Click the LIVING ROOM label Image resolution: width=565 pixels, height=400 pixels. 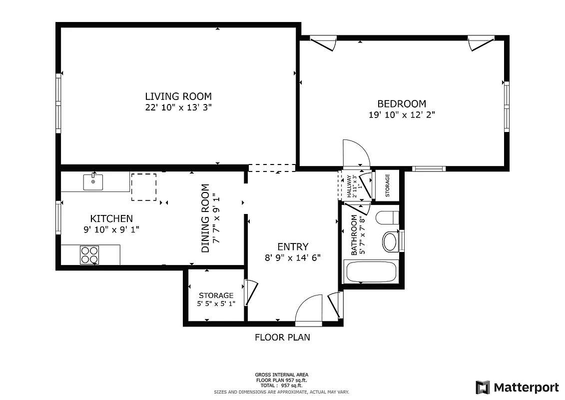tap(178, 96)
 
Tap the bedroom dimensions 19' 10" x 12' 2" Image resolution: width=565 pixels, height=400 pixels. tap(402, 114)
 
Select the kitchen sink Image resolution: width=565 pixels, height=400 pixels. tap(93, 182)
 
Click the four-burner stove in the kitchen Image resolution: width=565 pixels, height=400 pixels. tap(89, 255)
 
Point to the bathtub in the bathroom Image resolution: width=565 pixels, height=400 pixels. tap(371, 272)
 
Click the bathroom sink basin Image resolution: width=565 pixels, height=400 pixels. tap(390, 241)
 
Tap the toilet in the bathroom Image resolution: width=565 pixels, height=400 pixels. tap(388, 217)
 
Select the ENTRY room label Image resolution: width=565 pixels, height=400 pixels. tap(293, 246)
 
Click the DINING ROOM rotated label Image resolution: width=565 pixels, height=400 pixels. tap(205, 218)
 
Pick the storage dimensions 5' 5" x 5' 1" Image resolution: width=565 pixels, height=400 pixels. tap(216, 303)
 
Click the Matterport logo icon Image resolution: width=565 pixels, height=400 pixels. tap(483, 387)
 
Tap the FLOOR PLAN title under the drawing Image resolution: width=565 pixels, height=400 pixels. tap(282, 337)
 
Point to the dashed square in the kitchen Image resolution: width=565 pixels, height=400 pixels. tap(144, 187)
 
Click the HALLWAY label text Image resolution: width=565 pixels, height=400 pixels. tap(349, 186)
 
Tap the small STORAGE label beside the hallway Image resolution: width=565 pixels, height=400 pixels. tap(387, 185)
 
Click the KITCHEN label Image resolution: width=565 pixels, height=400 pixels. tap(111, 218)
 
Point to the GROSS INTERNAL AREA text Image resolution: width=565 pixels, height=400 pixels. tap(282, 374)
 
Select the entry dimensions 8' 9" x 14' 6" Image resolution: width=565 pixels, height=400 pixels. tap(292, 258)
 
